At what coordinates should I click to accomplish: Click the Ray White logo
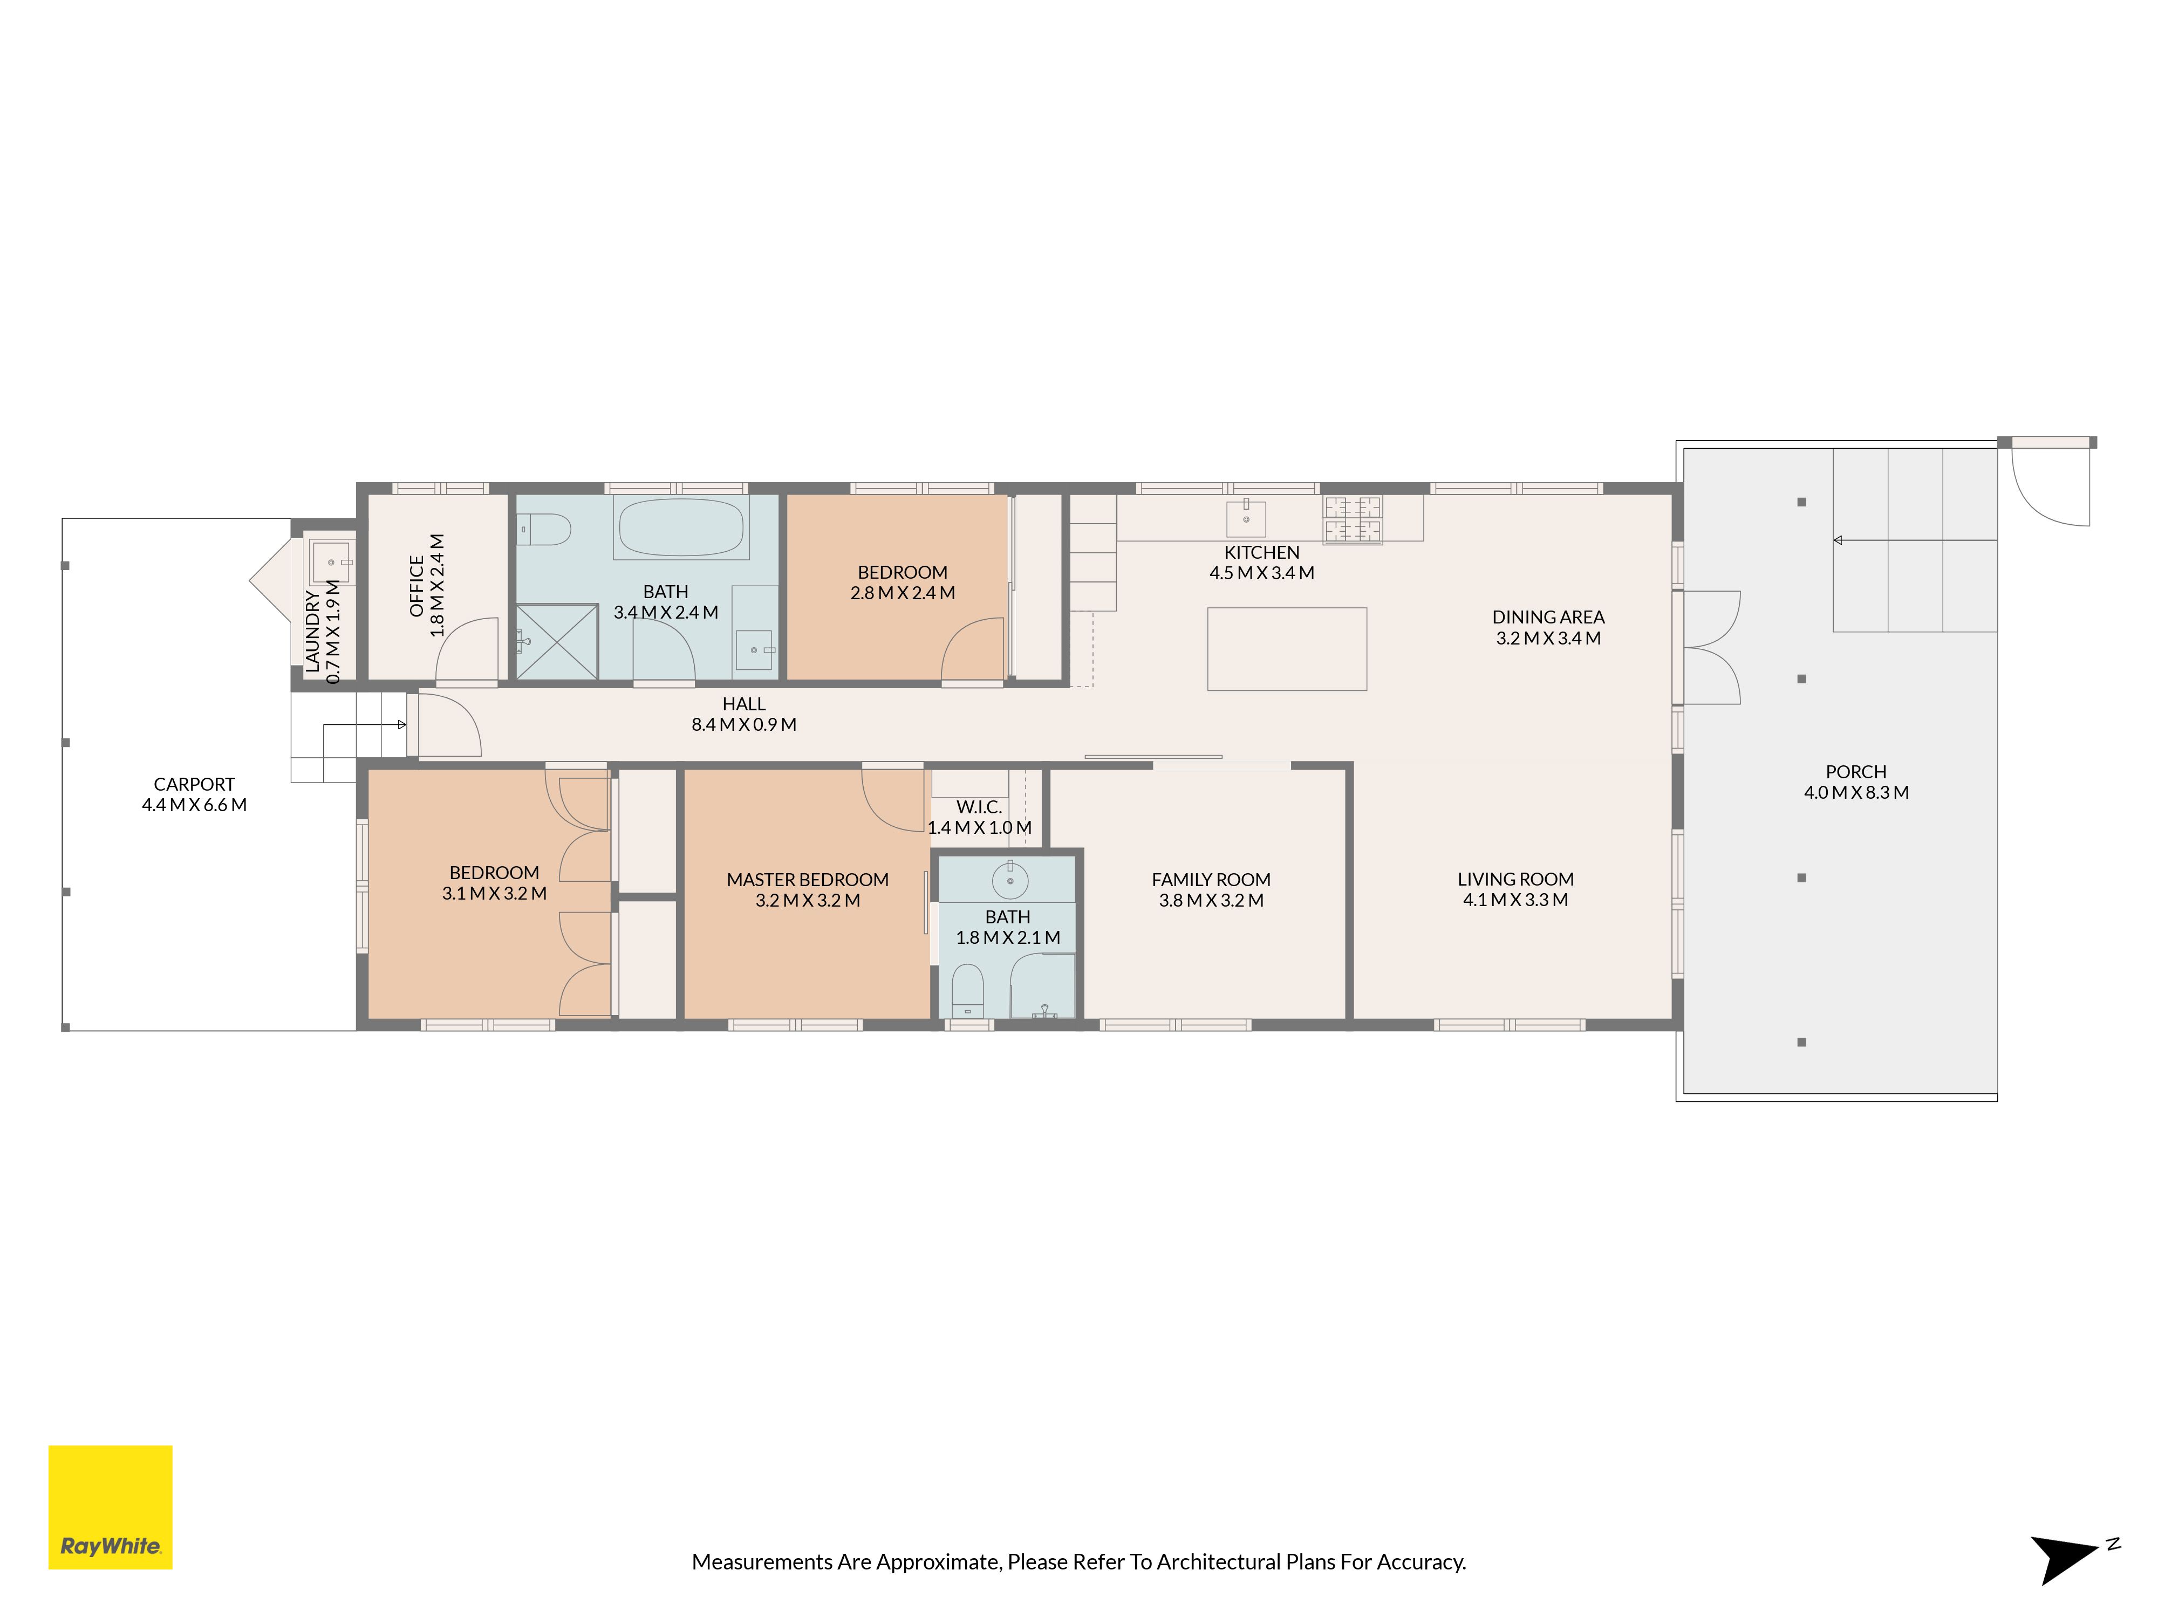110,1507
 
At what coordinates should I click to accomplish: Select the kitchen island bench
1287,649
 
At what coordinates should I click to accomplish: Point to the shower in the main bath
556,642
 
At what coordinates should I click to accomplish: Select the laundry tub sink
332,563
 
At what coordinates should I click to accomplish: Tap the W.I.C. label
979,806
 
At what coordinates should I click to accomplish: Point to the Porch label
1855,771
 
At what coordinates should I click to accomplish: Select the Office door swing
466,649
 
